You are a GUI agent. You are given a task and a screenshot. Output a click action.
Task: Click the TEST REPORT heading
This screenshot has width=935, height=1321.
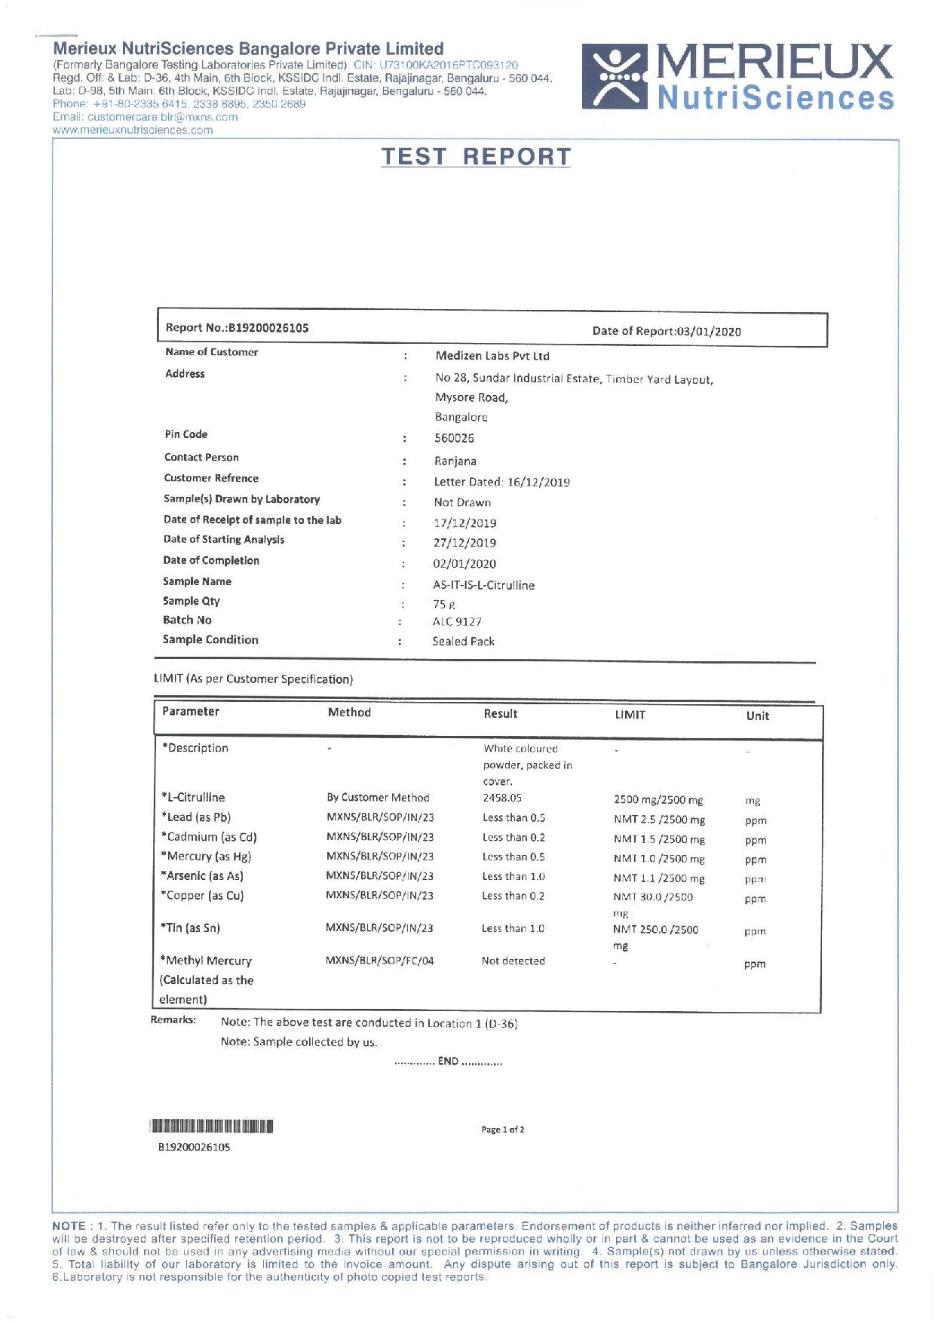click(476, 157)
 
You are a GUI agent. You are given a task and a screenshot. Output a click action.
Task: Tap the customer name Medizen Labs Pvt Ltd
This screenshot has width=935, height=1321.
click(492, 356)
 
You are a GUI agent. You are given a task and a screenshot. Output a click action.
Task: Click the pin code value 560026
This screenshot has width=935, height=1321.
click(454, 438)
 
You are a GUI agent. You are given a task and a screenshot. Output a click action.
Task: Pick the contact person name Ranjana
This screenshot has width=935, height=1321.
click(455, 461)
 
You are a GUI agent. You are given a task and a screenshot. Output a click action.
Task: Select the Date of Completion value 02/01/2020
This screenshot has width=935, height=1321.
click(464, 563)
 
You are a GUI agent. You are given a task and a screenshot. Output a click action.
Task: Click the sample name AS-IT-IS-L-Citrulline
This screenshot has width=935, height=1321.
click(483, 585)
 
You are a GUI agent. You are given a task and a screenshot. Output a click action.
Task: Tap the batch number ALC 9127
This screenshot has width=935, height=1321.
click(457, 622)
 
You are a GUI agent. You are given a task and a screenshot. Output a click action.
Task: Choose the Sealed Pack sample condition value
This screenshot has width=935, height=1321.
click(463, 642)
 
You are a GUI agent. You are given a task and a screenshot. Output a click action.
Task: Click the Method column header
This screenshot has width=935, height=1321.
click(349, 713)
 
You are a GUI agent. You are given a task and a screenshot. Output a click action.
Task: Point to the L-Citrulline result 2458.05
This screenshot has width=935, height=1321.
click(502, 798)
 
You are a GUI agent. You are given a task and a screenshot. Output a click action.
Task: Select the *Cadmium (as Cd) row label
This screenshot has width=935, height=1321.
click(209, 837)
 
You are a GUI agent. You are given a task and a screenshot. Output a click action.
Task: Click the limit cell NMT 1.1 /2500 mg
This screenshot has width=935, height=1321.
click(659, 878)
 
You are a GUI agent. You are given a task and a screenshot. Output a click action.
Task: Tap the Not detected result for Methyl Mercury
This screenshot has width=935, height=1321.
click(513, 961)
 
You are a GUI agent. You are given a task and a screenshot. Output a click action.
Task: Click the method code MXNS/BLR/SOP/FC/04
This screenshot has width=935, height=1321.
click(379, 961)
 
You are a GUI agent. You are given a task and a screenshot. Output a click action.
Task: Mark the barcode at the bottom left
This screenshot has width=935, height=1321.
click(212, 1127)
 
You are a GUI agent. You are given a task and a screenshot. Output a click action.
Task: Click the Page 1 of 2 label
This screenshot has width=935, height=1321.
click(503, 1129)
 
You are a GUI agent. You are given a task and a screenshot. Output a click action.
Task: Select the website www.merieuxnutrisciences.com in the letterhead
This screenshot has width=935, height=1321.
click(133, 130)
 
